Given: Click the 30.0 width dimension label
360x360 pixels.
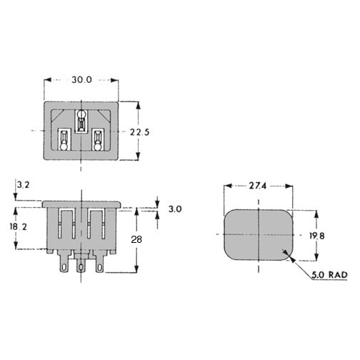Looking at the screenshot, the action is pyautogui.click(x=81, y=80).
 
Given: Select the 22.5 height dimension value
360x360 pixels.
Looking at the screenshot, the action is pyautogui.click(x=139, y=132).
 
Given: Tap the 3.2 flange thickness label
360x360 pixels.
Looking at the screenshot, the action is pyautogui.click(x=23, y=185).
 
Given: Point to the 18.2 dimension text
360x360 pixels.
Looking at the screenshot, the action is pyautogui.click(x=18, y=226).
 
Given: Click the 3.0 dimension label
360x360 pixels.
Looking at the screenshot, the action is pyautogui.click(x=175, y=209).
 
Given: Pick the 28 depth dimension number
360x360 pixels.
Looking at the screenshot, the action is pyautogui.click(x=136, y=239).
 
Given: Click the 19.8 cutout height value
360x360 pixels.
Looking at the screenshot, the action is pyautogui.click(x=317, y=236).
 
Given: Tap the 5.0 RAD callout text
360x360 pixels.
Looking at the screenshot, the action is pyautogui.click(x=329, y=275).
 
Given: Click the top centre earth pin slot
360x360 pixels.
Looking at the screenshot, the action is pyautogui.click(x=81, y=121).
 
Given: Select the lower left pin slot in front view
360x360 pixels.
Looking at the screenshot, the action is pyautogui.click(x=64, y=139).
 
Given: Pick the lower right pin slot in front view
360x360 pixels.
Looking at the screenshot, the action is pyautogui.click(x=97, y=139).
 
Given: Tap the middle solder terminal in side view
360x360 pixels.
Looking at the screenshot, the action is pyautogui.click(x=81, y=266).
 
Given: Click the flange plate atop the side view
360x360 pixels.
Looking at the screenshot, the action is pyautogui.click(x=81, y=204).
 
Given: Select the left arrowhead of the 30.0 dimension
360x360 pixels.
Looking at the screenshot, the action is pyautogui.click(x=48, y=80).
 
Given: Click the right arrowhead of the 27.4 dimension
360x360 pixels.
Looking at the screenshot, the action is pyautogui.click(x=289, y=186).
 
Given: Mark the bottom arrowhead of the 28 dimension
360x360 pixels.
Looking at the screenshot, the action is pyautogui.click(x=136, y=269).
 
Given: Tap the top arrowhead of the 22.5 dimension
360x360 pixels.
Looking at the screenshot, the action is pyautogui.click(x=138, y=106).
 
